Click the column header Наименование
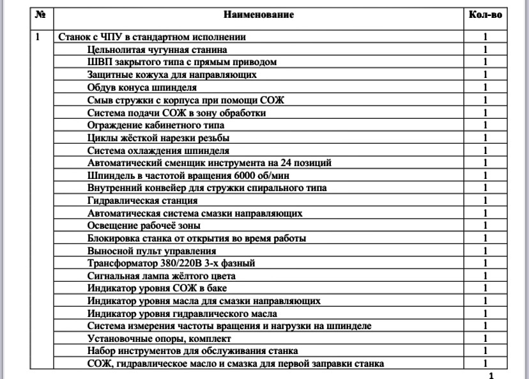coord(259,14)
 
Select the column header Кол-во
coord(485,14)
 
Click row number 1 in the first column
coord(38,37)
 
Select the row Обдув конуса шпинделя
coord(142,88)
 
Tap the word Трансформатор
coord(123,263)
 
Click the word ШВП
coord(99,62)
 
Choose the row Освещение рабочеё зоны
coord(144,226)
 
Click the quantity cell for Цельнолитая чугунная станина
coord(486,49)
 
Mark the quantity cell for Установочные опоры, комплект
coord(486,339)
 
